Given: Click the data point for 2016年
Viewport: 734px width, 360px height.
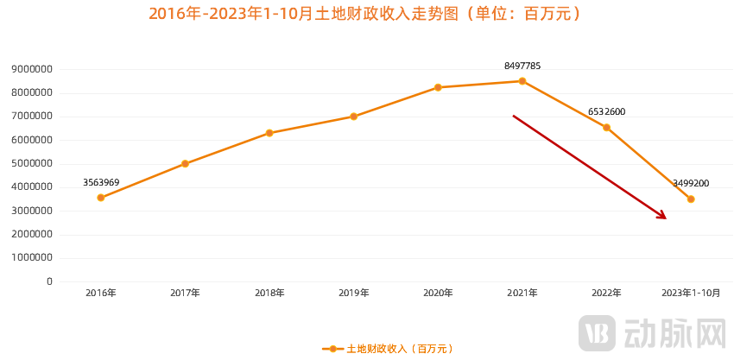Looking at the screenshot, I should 101,198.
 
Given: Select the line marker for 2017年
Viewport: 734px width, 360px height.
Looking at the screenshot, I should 185,163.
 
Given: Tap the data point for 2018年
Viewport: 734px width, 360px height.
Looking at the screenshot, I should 269,133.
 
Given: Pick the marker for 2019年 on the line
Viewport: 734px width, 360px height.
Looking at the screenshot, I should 354,117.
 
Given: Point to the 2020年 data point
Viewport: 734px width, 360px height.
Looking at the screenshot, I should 438,87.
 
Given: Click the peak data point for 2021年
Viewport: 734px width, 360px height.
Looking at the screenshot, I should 522,81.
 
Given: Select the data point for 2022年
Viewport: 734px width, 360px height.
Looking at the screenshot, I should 606,128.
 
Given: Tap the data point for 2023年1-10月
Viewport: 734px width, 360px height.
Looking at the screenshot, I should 691,199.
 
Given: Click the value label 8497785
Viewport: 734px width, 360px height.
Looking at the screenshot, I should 522,66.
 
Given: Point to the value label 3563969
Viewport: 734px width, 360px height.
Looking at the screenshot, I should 101,182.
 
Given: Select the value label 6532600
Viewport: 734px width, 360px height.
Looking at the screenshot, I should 606,111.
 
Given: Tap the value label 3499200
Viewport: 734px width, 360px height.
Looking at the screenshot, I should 691,183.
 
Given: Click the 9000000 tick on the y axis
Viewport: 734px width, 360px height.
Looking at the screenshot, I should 32,69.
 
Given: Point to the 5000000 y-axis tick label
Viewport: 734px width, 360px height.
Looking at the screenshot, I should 32,163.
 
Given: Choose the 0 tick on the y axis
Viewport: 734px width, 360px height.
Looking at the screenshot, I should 49,281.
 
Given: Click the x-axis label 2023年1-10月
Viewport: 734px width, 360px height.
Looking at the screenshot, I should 691,294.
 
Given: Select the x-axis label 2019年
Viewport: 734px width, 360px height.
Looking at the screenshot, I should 354,294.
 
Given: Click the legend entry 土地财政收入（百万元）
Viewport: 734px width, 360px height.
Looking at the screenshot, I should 389,349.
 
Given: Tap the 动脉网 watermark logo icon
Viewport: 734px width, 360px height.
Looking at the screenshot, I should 597,332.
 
